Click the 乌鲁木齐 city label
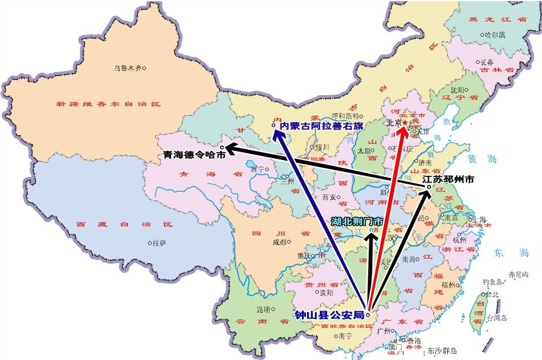point(127,68)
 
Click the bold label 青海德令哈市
point(194,154)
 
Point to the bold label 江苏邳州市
point(448,179)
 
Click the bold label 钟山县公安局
point(329,314)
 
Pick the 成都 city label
point(279,242)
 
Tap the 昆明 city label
point(263,309)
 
